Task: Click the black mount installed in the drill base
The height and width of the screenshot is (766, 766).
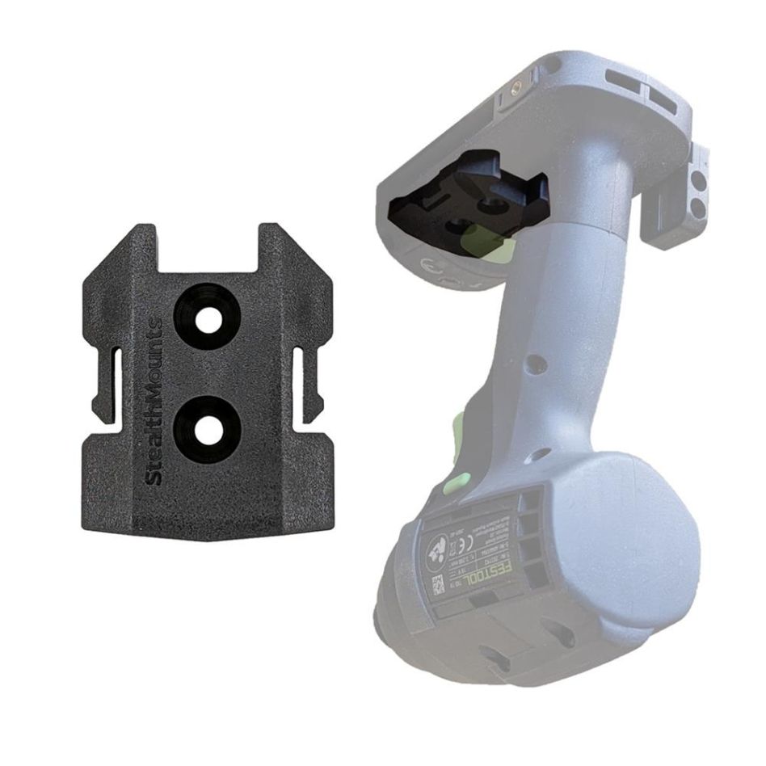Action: (x=469, y=197)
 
